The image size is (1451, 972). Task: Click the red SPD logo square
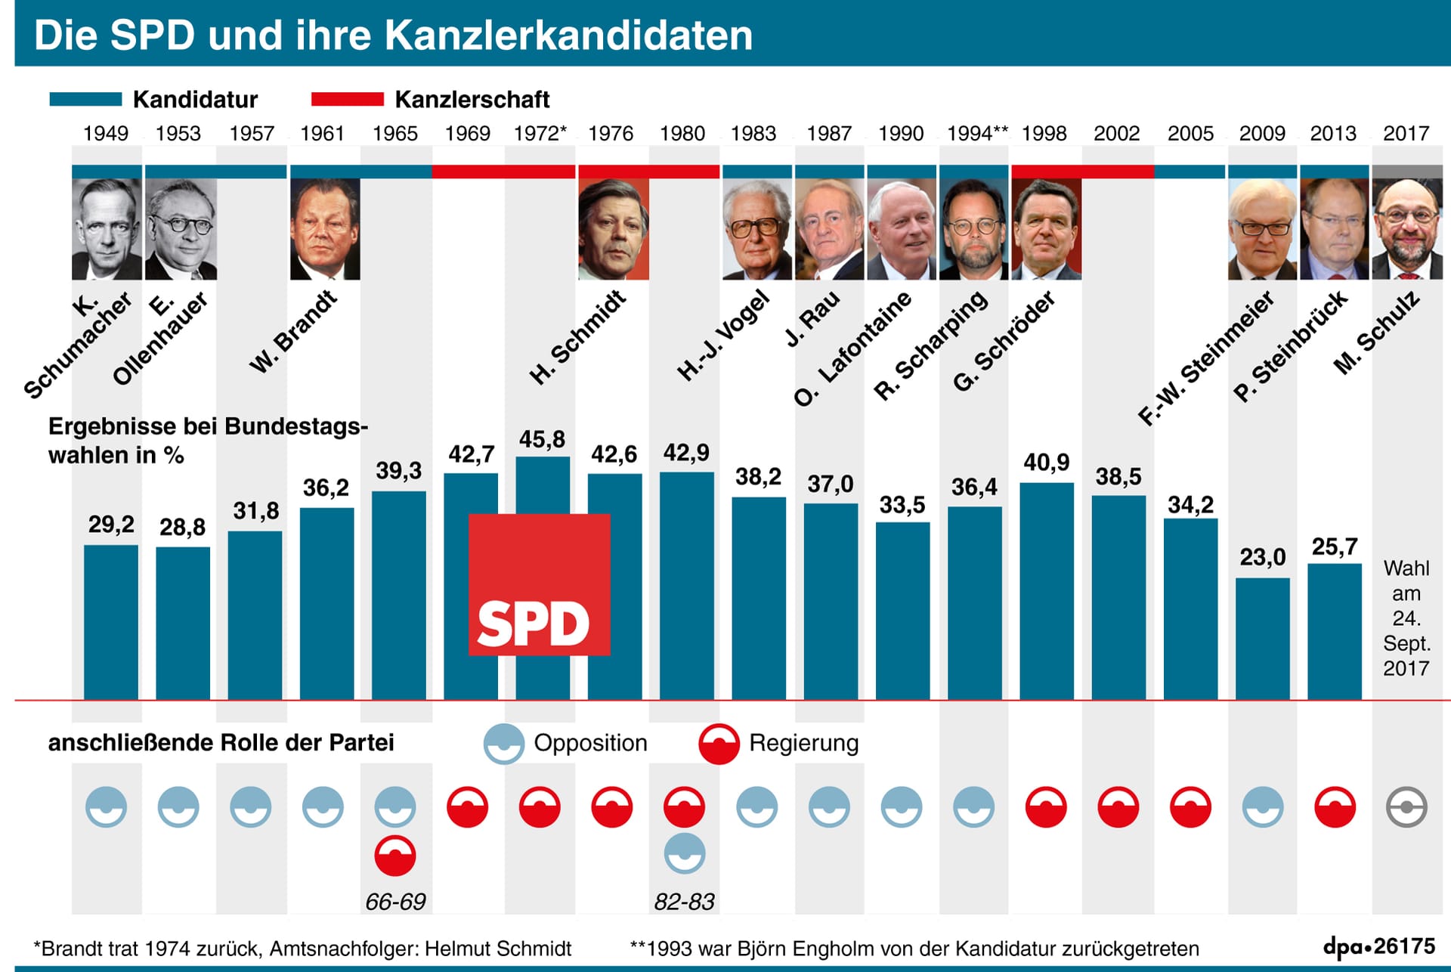click(x=539, y=584)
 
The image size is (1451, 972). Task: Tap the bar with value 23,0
click(x=1263, y=639)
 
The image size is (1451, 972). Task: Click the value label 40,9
click(x=1047, y=462)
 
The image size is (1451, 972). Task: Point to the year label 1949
click(x=106, y=134)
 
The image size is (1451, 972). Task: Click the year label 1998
click(x=1044, y=134)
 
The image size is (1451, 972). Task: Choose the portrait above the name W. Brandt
click(x=325, y=229)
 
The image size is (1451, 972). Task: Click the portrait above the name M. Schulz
click(x=1407, y=229)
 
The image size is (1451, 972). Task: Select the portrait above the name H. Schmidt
click(x=614, y=229)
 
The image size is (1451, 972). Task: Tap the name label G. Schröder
click(x=1004, y=342)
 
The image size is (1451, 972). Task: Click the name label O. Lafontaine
click(x=853, y=348)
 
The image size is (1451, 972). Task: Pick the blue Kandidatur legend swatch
click(x=85, y=99)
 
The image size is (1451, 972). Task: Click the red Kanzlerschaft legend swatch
click(x=348, y=99)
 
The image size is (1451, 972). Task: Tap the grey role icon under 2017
click(x=1407, y=806)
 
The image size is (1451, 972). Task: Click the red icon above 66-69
click(x=395, y=856)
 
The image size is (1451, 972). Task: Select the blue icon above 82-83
click(x=685, y=854)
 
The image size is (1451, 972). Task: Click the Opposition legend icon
click(x=504, y=744)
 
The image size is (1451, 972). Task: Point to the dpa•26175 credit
click(x=1379, y=946)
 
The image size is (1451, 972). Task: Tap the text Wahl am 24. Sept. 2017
click(x=1406, y=618)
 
